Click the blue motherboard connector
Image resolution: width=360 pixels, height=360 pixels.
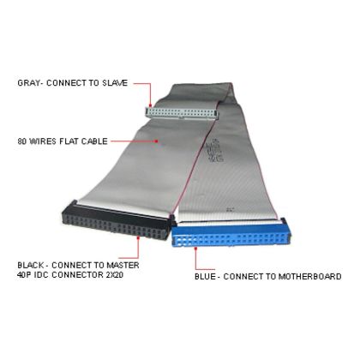click(231, 234)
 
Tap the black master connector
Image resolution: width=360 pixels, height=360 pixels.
click(118, 221)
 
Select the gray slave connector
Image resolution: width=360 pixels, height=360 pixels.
click(182, 113)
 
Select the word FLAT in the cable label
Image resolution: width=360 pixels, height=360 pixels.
click(69, 141)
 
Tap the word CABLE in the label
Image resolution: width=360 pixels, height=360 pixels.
click(94, 141)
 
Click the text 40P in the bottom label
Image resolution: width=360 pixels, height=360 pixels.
click(24, 275)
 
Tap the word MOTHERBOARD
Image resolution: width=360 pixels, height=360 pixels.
click(309, 277)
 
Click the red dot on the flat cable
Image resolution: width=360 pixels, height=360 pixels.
click(156, 141)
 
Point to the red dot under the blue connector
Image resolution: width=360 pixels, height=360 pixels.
click(195, 249)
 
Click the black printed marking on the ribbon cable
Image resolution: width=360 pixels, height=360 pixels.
click(215, 150)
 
